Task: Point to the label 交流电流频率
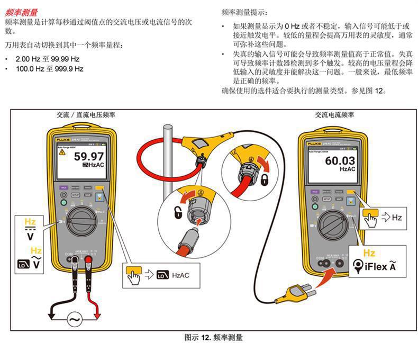pyautogui.click(x=335, y=114)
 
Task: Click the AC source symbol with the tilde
pyautogui.click(x=74, y=319)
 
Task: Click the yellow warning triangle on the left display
pyautogui.click(x=62, y=152)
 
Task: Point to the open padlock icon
pyautogui.click(x=178, y=213)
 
